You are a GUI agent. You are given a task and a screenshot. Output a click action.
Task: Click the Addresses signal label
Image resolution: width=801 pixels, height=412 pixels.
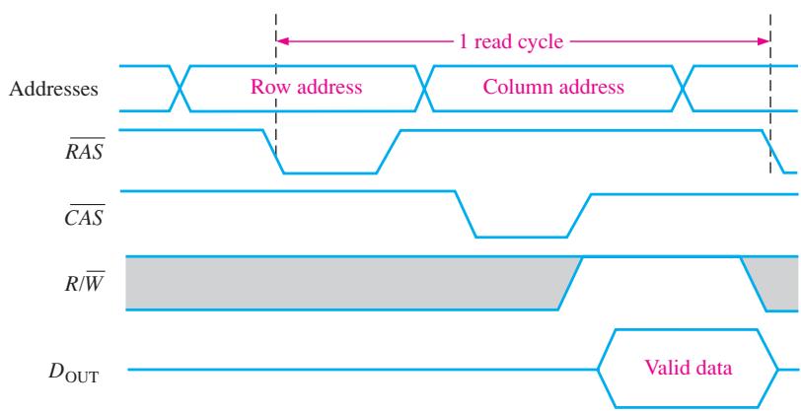(53, 90)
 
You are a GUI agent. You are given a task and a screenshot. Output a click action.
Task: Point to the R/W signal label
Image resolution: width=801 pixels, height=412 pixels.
(83, 282)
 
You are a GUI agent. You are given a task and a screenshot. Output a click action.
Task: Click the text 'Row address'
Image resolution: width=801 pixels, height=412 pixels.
(306, 87)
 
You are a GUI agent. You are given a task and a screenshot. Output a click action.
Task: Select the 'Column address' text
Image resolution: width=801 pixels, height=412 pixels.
(553, 87)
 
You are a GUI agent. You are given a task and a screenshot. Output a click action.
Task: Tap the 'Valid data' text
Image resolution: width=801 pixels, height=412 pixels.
(689, 368)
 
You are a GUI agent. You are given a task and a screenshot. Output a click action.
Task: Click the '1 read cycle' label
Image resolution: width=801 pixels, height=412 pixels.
(511, 41)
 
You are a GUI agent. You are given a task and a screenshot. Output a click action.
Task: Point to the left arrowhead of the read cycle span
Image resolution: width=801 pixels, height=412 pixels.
(282, 40)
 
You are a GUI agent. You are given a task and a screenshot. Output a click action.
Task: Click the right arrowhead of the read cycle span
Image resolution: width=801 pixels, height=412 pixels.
(764, 40)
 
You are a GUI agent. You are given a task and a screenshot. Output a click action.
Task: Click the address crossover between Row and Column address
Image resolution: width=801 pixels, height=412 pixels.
(424, 89)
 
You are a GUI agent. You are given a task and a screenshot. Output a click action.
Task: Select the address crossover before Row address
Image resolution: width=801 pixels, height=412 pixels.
(180, 89)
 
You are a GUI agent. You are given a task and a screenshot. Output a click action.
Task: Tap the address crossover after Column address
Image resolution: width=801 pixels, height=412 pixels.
(683, 89)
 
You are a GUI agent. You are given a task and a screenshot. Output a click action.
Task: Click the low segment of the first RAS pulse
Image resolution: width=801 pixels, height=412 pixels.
(330, 173)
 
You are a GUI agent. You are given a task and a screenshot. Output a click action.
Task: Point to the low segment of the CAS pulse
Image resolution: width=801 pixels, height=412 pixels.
(521, 237)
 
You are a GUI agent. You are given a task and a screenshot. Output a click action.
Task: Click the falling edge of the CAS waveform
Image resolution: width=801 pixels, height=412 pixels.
(466, 215)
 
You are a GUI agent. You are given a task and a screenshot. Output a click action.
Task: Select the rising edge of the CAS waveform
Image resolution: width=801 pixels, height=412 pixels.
(579, 215)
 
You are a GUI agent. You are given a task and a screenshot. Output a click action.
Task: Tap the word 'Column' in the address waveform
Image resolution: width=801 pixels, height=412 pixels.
(514, 87)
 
